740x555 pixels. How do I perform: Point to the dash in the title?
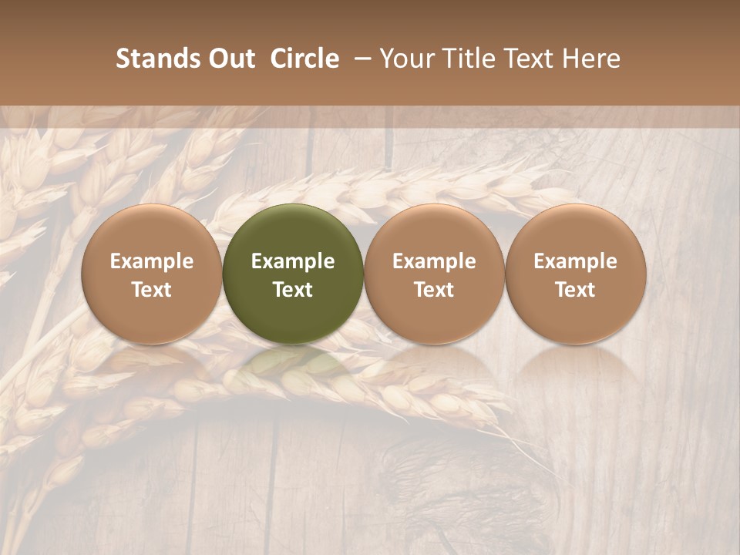coord(359,59)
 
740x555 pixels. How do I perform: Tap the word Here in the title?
coord(590,59)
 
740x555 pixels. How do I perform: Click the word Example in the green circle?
coord(293,261)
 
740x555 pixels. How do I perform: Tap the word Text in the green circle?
coord(293,290)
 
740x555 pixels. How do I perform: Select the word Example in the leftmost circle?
coord(152,261)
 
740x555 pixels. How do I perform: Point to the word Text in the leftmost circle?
coord(152,290)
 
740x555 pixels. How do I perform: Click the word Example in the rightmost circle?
coord(576,261)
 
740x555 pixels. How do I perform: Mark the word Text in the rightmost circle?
coord(576,290)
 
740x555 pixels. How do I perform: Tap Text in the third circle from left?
coord(434,290)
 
